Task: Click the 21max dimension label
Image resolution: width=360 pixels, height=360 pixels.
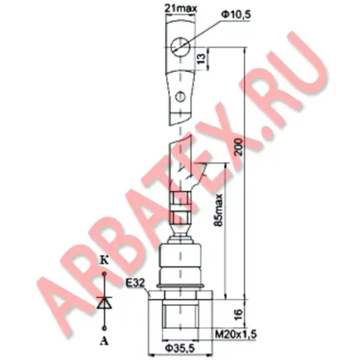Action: (181, 9)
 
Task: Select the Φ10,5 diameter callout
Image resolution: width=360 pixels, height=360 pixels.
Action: (235, 15)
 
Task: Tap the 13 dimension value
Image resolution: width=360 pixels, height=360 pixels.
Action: (202, 58)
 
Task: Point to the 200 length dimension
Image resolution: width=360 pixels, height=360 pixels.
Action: (239, 147)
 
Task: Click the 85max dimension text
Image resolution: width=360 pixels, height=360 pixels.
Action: (218, 210)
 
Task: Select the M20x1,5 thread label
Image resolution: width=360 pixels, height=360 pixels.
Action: (235, 334)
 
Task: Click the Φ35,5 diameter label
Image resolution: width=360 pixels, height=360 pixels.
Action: (180, 348)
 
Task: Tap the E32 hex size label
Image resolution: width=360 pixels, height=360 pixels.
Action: (135, 283)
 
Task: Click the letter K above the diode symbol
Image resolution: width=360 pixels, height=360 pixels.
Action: (104, 261)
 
